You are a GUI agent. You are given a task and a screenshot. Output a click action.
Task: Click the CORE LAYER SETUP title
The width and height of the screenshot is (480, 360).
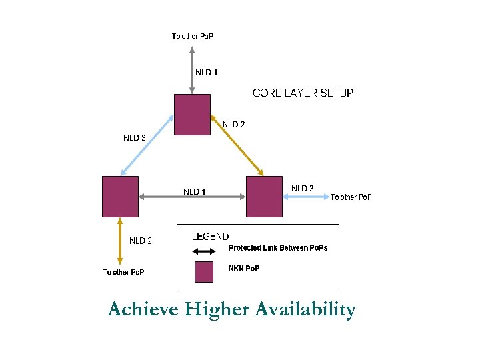pyautogui.click(x=303, y=93)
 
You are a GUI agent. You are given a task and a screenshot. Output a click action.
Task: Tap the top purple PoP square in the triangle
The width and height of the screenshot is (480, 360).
pyautogui.click(x=192, y=115)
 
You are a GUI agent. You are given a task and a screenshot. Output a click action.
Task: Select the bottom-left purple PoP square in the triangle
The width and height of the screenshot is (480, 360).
pyautogui.click(x=120, y=197)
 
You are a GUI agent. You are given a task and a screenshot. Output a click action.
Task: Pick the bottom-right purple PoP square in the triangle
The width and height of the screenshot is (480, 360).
pyautogui.click(x=264, y=197)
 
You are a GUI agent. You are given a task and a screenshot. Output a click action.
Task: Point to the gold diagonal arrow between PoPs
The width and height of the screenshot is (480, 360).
pyautogui.click(x=238, y=147)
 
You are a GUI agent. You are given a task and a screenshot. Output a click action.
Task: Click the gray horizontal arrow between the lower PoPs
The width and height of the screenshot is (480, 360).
pyautogui.click(x=192, y=197)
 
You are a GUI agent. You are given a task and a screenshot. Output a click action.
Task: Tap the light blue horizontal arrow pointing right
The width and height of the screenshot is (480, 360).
pyautogui.click(x=306, y=197)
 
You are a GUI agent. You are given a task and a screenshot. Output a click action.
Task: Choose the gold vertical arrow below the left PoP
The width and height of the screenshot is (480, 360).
pyautogui.click(x=120, y=241)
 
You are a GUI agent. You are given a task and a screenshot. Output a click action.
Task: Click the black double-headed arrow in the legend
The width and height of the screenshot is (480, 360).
pyautogui.click(x=203, y=251)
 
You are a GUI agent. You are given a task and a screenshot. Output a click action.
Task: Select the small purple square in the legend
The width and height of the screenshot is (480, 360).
pyautogui.click(x=204, y=272)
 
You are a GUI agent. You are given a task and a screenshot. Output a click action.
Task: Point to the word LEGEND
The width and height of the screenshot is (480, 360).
pyautogui.click(x=210, y=236)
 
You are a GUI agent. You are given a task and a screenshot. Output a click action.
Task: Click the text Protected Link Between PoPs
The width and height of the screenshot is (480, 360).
pyautogui.click(x=278, y=248)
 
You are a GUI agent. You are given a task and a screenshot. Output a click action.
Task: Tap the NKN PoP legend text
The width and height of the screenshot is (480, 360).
pyautogui.click(x=244, y=269)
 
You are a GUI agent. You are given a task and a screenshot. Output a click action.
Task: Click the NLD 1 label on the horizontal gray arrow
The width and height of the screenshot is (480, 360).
pyautogui.click(x=195, y=192)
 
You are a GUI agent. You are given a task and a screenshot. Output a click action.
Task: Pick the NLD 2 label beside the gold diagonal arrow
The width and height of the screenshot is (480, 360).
pyautogui.click(x=233, y=124)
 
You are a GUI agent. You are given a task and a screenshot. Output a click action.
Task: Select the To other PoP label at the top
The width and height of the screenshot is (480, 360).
pyautogui.click(x=193, y=36)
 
